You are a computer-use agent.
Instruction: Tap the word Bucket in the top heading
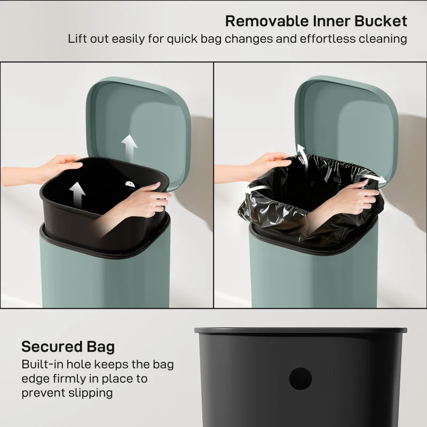381,21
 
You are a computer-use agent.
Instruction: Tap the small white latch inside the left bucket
130,184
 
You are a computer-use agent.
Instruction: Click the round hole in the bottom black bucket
301,379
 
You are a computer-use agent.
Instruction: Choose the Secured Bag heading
68,347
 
